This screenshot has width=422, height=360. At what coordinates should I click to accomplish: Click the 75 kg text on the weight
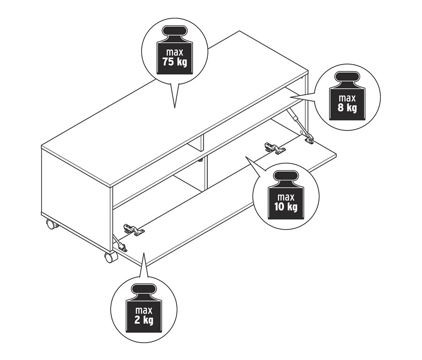pos(174,62)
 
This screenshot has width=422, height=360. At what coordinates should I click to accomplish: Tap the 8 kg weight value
pos(347,108)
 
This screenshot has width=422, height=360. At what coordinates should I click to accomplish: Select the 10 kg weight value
pos(286,207)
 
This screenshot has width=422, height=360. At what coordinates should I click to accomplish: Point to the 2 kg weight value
pos(144,320)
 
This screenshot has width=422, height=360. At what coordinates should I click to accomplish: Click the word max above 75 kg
pos(174,52)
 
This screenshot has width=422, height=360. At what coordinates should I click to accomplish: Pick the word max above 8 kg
pos(347,98)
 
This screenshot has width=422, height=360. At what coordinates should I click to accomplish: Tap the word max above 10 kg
pos(286,197)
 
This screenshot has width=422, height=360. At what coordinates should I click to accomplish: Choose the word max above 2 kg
pos(144,310)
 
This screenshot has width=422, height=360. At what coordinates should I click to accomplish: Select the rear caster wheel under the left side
pos(52,224)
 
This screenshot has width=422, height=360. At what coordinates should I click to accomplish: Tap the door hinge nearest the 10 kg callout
pos(274,148)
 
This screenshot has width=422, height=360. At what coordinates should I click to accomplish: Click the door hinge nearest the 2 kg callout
pos(134,230)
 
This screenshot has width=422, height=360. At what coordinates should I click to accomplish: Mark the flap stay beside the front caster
pos(120,243)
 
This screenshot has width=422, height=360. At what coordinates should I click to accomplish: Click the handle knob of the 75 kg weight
pos(174,31)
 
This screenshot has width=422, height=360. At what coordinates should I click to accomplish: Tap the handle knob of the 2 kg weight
pos(144,290)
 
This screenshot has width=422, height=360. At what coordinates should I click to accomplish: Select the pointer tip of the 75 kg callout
pos(175,108)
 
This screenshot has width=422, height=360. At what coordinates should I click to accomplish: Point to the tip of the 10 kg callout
pos(245,156)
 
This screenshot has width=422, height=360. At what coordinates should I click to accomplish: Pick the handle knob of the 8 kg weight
pos(347,77)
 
